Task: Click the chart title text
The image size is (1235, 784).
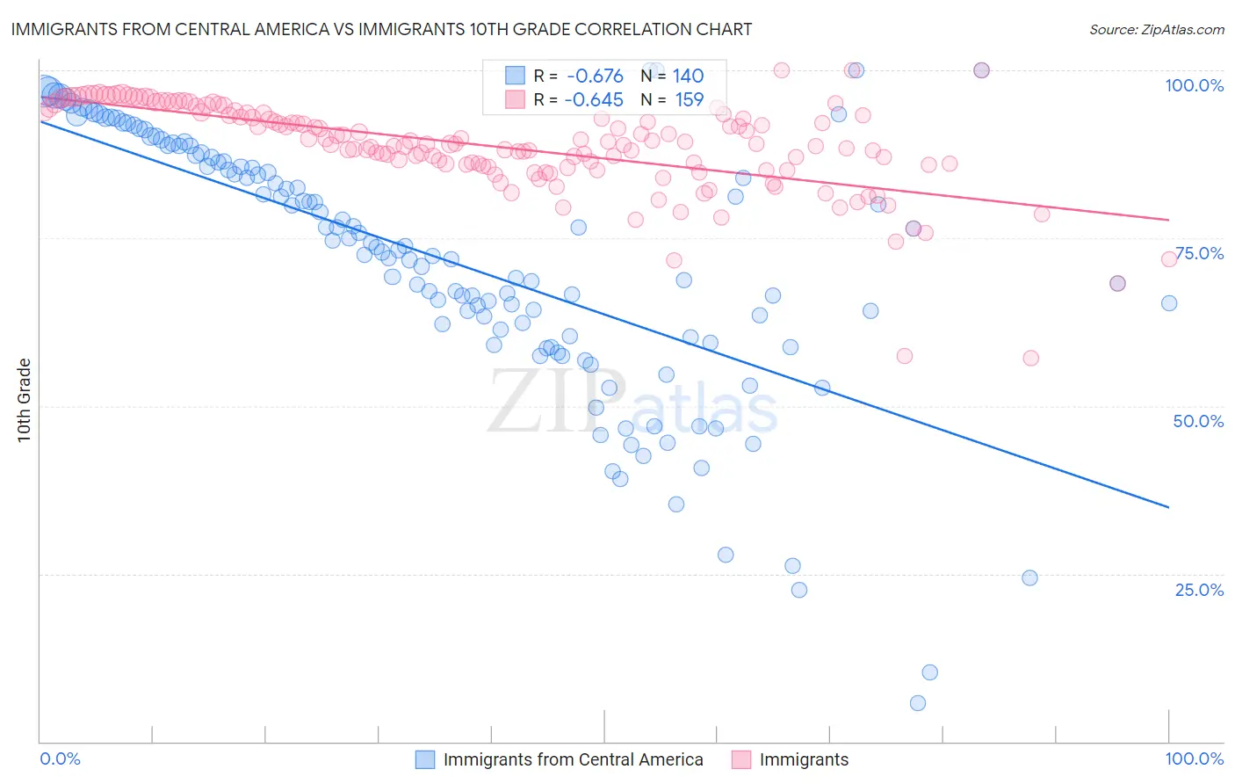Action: point(382,29)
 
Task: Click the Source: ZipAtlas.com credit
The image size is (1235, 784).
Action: point(1156,29)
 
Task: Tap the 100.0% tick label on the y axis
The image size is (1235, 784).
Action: point(1194,85)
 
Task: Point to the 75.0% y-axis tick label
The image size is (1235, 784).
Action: point(1199,253)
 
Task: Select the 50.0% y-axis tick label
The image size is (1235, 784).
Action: point(1198,421)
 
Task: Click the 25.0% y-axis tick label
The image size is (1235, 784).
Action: point(1199,589)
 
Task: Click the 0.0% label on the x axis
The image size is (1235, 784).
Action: point(61,759)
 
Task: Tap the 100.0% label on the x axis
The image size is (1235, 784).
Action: point(1194,759)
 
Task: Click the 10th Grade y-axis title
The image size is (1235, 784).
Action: point(25,400)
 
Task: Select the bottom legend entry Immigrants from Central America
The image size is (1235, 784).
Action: point(573,759)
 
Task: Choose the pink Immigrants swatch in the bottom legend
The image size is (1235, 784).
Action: point(741,759)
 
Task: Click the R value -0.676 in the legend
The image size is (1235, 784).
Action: point(595,76)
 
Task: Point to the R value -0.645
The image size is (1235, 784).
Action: point(595,100)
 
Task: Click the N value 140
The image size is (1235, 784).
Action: point(688,76)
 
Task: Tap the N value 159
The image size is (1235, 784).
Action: point(689,100)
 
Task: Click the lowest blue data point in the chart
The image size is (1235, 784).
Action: point(918,703)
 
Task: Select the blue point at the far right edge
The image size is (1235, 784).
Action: point(1169,303)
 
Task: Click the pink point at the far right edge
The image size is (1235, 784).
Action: point(1169,259)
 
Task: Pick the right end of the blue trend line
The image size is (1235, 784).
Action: point(1169,507)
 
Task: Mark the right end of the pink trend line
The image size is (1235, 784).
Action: point(1169,220)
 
